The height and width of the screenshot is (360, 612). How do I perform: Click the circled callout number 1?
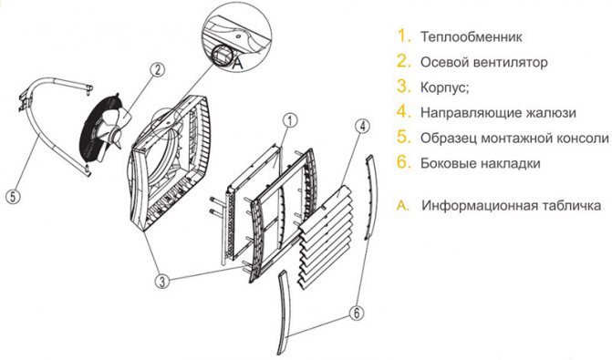click(290, 120)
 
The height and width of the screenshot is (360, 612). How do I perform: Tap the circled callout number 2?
click(157, 70)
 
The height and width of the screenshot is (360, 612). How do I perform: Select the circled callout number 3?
click(162, 281)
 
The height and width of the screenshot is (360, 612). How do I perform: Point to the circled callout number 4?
click(363, 126)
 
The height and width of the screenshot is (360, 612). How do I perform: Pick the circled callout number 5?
click(14, 196)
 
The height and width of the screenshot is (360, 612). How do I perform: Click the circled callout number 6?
click(356, 313)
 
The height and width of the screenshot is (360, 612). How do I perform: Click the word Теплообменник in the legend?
click(472, 37)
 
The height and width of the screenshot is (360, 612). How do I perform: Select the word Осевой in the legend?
click(443, 62)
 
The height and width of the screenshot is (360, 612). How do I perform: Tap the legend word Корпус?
click(442, 87)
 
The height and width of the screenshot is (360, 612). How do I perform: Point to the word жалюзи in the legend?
click(550, 113)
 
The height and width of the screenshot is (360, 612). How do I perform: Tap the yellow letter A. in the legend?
click(403, 206)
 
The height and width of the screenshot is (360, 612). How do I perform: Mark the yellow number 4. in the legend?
click(404, 112)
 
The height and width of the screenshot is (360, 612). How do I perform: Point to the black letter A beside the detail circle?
click(237, 63)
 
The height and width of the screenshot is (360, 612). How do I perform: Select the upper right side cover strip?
click(371, 197)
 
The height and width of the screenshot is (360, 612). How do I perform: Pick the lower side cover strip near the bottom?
click(285, 312)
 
